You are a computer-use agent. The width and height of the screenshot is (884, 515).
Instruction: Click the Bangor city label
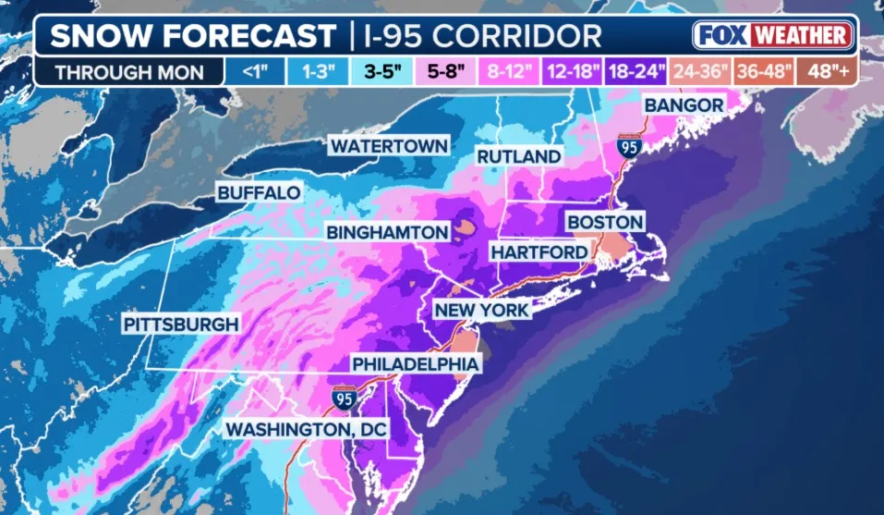(684, 105)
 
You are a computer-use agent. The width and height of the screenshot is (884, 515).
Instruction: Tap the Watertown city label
(390, 146)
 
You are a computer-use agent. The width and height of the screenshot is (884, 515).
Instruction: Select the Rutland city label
(518, 157)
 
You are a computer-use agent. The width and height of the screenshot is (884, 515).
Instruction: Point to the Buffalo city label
(259, 192)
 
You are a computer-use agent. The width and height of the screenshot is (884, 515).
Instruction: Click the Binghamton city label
(387, 232)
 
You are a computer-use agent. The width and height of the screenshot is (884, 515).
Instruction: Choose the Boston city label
(604, 222)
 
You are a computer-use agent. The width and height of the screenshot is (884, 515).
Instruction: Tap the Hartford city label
(539, 251)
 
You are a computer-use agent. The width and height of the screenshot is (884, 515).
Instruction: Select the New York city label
(482, 310)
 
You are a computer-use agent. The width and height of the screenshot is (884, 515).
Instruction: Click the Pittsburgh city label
(181, 325)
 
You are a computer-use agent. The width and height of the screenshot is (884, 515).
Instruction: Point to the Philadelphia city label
(415, 364)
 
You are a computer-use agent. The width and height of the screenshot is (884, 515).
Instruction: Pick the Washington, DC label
(308, 430)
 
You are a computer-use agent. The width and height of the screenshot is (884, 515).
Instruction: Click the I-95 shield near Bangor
(627, 145)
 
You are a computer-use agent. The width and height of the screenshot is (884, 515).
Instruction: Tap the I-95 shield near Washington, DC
(344, 399)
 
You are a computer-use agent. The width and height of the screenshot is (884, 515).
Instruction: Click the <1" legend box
(254, 70)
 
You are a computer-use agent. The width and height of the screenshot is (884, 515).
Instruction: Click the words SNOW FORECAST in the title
(192, 36)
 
